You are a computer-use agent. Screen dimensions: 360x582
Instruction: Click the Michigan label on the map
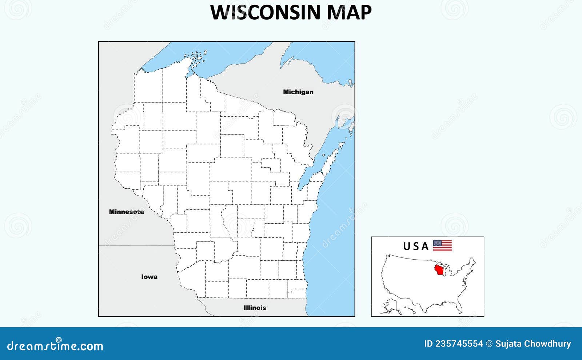pos(298,92)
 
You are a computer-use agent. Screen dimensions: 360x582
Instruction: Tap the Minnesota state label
pos(126,212)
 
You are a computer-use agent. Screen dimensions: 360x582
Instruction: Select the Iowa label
pos(149,277)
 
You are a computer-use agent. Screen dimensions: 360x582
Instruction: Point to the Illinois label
pos(255,308)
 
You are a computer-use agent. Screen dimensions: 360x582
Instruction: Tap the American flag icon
pos(442,246)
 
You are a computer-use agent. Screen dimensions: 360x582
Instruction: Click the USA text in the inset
pos(416,247)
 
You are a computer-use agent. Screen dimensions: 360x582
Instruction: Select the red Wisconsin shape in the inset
pos(440,271)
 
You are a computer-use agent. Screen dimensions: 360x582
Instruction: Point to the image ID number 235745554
pos(459,344)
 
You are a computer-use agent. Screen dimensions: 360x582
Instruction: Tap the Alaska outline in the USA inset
pos(391,305)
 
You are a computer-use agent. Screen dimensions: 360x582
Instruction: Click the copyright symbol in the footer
pos(489,344)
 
